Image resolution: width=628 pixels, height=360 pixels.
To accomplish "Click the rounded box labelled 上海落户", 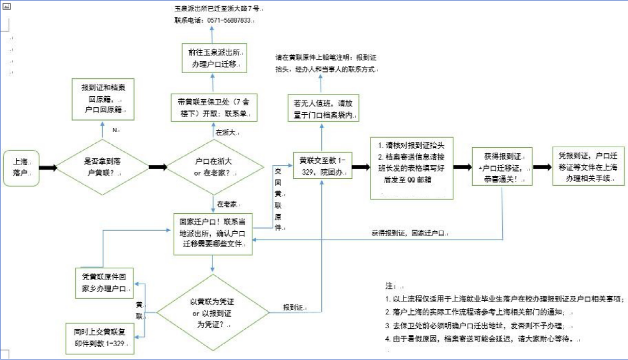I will click(x=21, y=168).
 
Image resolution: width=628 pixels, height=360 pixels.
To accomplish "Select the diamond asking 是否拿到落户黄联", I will click(x=103, y=167).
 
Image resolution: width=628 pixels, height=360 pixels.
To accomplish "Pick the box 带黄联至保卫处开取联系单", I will click(x=213, y=107).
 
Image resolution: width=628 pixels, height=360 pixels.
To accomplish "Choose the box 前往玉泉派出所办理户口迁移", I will click(x=215, y=57).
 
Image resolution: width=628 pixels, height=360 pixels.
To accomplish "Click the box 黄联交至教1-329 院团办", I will click(x=322, y=165).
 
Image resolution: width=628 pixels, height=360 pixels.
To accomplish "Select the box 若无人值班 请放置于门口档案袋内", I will click(x=322, y=108).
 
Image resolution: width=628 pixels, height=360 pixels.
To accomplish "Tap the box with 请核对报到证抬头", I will click(x=411, y=167).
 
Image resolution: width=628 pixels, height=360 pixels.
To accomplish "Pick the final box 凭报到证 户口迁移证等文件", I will click(x=588, y=167).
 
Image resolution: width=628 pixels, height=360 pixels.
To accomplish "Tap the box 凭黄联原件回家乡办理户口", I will click(x=105, y=282).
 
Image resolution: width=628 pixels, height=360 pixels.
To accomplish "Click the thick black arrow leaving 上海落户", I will click(x=48, y=167).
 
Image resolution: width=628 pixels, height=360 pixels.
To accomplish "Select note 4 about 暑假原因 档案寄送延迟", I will click(x=483, y=339).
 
